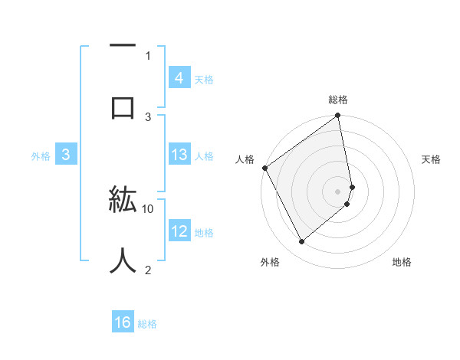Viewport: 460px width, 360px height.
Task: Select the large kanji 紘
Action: pyautogui.click(x=123, y=201)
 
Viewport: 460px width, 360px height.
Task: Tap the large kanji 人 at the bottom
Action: pyautogui.click(x=123, y=260)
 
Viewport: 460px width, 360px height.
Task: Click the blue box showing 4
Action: pyautogui.click(x=179, y=77)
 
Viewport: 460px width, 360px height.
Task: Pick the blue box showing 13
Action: pyautogui.click(x=179, y=155)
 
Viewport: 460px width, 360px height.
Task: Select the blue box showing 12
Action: pyautogui.click(x=179, y=231)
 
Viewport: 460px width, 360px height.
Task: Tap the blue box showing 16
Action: pyautogui.click(x=123, y=322)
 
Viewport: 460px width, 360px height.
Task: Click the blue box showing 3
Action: pyautogui.click(x=66, y=155)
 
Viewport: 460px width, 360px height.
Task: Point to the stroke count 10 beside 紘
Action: pyautogui.click(x=148, y=208)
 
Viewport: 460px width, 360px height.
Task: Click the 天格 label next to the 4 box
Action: pyautogui.click(x=204, y=79)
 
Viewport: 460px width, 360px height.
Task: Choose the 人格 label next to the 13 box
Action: pyautogui.click(x=204, y=155)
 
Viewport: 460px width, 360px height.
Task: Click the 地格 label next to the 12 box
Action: pyautogui.click(x=204, y=232)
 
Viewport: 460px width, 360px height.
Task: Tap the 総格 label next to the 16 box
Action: pyautogui.click(x=147, y=324)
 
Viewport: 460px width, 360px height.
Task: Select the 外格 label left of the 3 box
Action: pyautogui.click(x=41, y=155)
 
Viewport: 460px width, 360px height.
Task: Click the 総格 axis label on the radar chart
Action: pyautogui.click(x=338, y=100)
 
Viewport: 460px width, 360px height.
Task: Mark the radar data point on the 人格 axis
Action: pyautogui.click(x=265, y=168)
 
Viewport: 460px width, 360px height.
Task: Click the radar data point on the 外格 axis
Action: pyautogui.click(x=302, y=241)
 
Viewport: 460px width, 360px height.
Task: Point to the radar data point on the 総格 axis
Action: pyautogui.click(x=338, y=116)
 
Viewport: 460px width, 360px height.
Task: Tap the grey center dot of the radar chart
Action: pyautogui.click(x=338, y=191)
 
